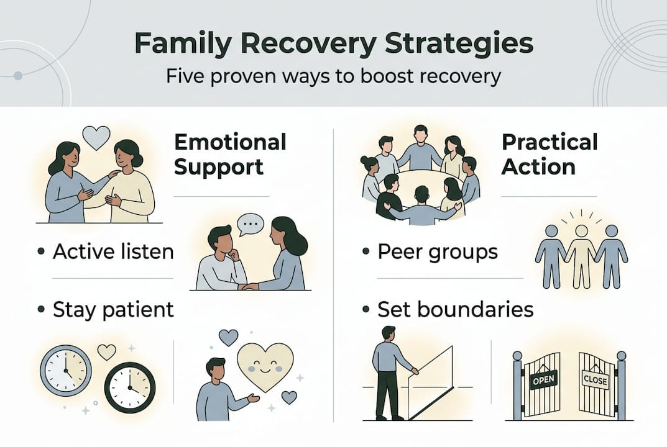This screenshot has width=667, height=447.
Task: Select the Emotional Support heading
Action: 230,154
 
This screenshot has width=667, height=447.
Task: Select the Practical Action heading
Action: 549,154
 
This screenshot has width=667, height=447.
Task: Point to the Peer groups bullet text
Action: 438,251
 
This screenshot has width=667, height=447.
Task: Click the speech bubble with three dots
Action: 251,223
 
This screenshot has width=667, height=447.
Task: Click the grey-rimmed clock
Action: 66,371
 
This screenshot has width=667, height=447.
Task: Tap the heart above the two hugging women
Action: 96,137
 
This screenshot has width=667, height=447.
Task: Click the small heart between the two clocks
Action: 107,352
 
